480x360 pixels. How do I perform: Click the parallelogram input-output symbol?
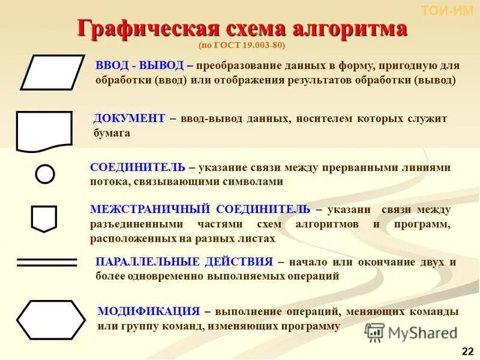tap(52, 72)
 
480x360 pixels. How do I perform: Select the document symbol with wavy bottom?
tap(44, 130)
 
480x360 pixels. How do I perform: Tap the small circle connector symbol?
tap(45, 174)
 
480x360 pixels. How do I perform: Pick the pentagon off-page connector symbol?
tap(44, 218)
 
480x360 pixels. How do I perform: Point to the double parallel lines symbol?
tap(47, 262)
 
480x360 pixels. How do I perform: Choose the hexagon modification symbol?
tap(51, 320)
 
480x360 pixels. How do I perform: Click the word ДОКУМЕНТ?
tap(128, 118)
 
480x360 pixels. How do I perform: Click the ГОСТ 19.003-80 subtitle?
tap(247, 46)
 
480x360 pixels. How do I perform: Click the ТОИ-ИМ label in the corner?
tap(447, 10)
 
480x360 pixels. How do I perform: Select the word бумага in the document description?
tap(112, 133)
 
